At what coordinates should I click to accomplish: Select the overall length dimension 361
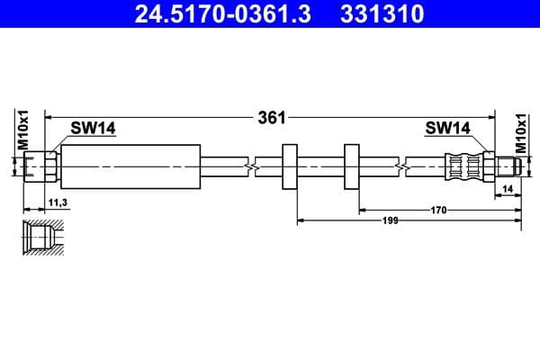click(271, 117)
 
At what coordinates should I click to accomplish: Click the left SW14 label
click(94, 129)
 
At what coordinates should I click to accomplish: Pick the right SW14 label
click(447, 129)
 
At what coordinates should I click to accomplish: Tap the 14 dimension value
click(508, 190)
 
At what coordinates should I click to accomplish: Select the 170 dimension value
click(438, 210)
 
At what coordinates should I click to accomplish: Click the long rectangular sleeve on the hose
click(130, 166)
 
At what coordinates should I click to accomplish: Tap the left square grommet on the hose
click(290, 166)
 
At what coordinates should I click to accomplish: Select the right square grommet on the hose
click(351, 166)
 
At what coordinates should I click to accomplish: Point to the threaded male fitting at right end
click(506, 166)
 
